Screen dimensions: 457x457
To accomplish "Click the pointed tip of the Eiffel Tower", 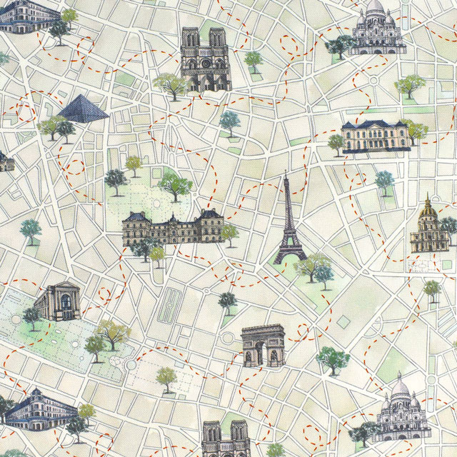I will pos(286,174).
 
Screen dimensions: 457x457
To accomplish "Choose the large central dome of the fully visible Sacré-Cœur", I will pos(375,9).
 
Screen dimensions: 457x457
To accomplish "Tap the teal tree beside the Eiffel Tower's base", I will pos(323,273).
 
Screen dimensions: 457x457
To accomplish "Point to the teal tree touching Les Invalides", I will pos(448,226).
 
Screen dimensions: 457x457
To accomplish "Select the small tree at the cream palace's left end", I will pos(336,142).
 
